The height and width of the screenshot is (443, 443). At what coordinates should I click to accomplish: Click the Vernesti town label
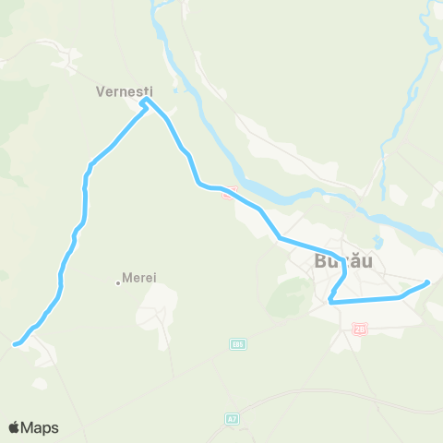point(123,91)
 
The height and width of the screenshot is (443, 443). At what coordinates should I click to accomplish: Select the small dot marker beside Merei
point(118,281)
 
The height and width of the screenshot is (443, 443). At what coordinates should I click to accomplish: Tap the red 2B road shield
point(359,328)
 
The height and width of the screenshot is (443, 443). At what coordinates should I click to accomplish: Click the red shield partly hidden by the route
point(231,190)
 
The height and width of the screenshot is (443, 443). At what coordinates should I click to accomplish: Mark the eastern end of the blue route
point(428,283)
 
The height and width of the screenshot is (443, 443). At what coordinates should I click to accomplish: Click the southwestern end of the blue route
point(14,345)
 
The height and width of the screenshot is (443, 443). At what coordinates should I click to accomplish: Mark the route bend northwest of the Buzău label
point(280,239)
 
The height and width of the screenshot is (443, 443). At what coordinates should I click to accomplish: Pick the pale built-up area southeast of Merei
point(164,305)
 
